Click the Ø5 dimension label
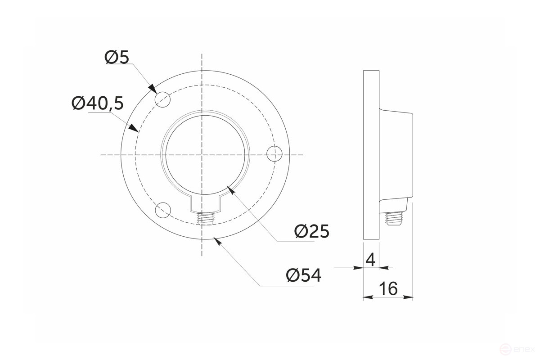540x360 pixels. [x=117, y=58]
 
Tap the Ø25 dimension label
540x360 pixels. [x=312, y=231]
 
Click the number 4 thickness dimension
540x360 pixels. [x=371, y=260]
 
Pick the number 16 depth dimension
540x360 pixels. [x=388, y=288]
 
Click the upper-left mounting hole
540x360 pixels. [x=162, y=99]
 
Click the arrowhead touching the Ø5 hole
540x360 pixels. [x=153, y=88]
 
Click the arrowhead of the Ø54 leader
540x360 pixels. [x=218, y=240]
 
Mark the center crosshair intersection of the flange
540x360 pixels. [x=202, y=154]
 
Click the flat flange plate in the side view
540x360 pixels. [x=371, y=155]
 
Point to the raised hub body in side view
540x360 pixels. [x=396, y=155]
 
